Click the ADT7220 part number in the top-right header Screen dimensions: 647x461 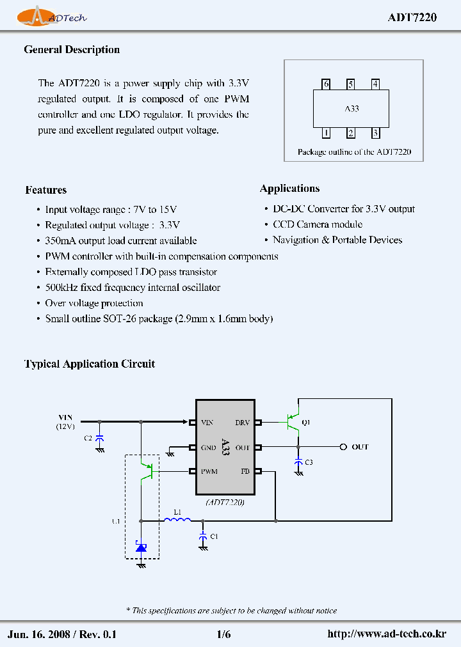coord(412,18)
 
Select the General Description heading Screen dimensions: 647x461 coord(72,50)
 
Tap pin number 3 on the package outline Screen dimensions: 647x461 coord(376,134)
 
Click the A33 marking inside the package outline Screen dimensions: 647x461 coord(352,109)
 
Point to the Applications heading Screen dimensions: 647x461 coord(289,189)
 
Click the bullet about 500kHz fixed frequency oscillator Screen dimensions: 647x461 coord(133,288)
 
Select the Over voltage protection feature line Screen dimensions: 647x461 coord(94,303)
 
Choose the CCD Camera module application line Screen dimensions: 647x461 coord(318,224)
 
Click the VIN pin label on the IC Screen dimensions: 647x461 coord(207,423)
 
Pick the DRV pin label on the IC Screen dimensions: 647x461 coord(243,423)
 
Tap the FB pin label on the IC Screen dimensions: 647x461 coord(245,472)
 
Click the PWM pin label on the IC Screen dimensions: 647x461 coord(209,472)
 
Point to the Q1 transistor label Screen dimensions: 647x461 coord(305,423)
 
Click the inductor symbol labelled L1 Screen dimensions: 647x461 coord(177,520)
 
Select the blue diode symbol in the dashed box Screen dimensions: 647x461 coord(141,547)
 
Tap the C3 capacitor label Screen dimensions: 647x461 coord(309,462)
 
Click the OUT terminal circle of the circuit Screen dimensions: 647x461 coord(343,447)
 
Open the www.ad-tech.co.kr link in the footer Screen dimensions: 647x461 coord(386,634)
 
